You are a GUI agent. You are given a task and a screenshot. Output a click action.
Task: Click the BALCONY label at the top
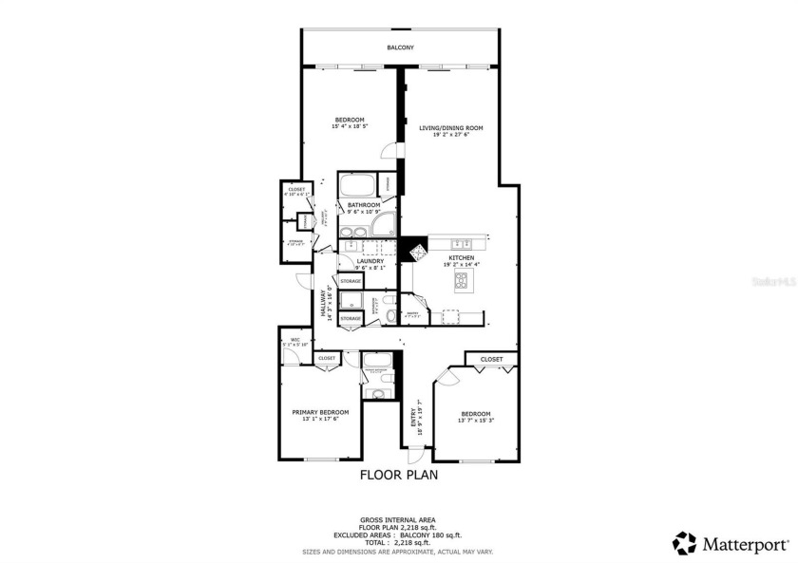400,47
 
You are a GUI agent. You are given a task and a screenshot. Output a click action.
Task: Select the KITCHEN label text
462,257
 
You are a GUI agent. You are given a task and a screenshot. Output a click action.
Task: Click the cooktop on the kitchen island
463,280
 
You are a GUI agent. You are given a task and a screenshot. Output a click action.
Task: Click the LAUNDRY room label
370,261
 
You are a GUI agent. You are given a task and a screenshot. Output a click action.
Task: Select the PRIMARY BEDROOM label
320,411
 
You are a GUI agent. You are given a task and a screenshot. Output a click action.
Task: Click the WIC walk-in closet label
295,339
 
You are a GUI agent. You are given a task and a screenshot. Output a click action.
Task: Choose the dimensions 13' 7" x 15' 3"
476,420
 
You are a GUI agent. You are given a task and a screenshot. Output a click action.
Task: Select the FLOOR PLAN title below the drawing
398,476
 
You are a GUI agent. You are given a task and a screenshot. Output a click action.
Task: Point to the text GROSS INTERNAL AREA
398,519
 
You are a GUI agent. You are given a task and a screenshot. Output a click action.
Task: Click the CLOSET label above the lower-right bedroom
491,359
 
